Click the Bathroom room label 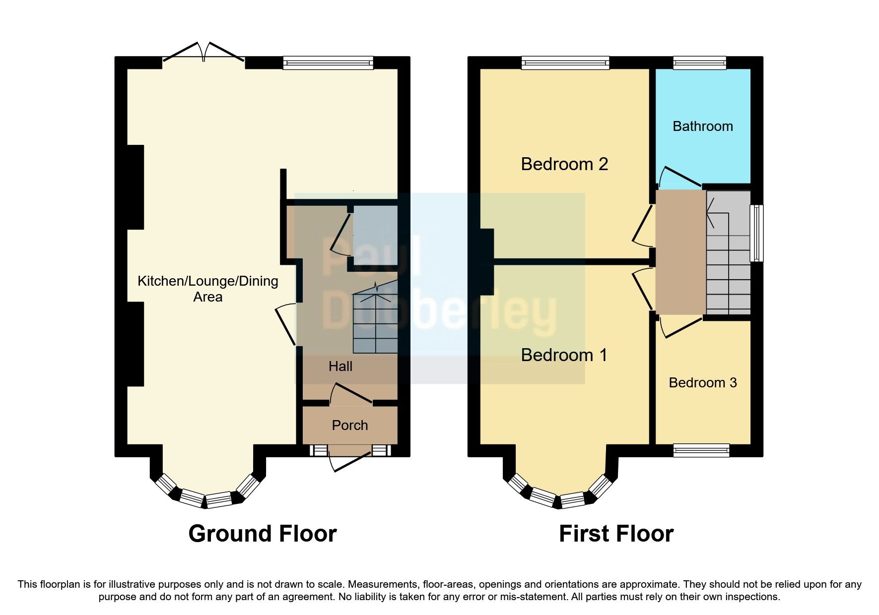click(x=702, y=126)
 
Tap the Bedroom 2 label click(x=564, y=164)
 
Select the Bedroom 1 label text click(x=564, y=355)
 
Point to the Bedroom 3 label click(x=702, y=383)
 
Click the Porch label click(x=349, y=426)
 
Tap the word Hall click(x=340, y=367)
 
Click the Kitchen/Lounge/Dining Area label click(x=207, y=289)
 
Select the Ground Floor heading click(x=263, y=534)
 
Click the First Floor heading click(x=616, y=534)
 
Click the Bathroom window click(x=699, y=62)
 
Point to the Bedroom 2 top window click(x=565, y=62)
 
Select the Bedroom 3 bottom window click(x=701, y=450)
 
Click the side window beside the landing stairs click(x=757, y=233)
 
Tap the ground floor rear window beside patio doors click(x=328, y=62)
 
